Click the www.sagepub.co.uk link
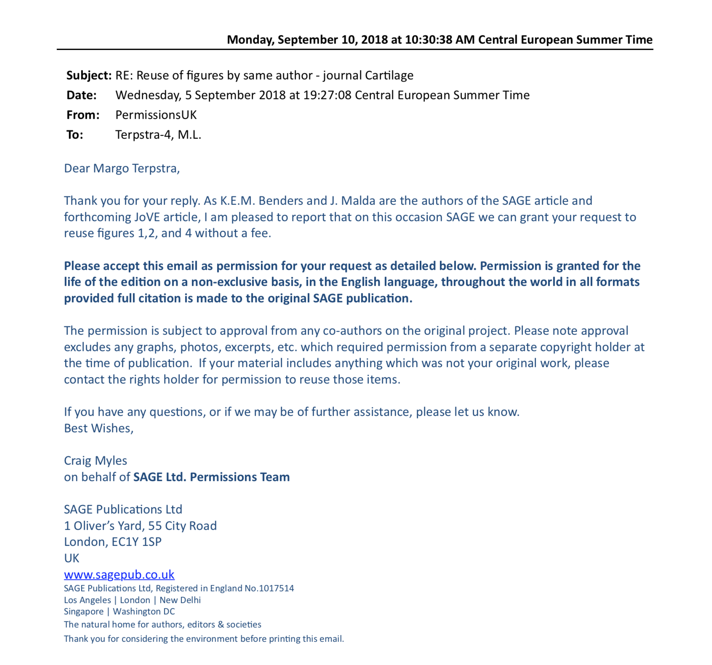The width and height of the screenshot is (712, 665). coord(119,574)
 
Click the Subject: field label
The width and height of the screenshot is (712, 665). coord(89,75)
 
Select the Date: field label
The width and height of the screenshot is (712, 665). coord(82,95)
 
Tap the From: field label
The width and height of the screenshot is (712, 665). coord(83,115)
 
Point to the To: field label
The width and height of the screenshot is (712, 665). coord(75,135)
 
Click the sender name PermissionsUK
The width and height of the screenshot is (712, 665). coord(156,115)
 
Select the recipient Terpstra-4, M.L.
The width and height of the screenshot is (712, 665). coord(158,135)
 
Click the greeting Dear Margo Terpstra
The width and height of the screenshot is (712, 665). coord(122,168)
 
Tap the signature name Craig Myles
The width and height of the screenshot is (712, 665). coord(96,461)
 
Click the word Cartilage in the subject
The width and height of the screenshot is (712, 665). coord(389,75)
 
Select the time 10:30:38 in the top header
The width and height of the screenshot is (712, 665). coord(429,40)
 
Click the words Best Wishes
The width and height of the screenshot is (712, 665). coord(99,428)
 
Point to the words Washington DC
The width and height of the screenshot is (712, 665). coord(144,612)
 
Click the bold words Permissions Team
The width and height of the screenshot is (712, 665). coord(240,477)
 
